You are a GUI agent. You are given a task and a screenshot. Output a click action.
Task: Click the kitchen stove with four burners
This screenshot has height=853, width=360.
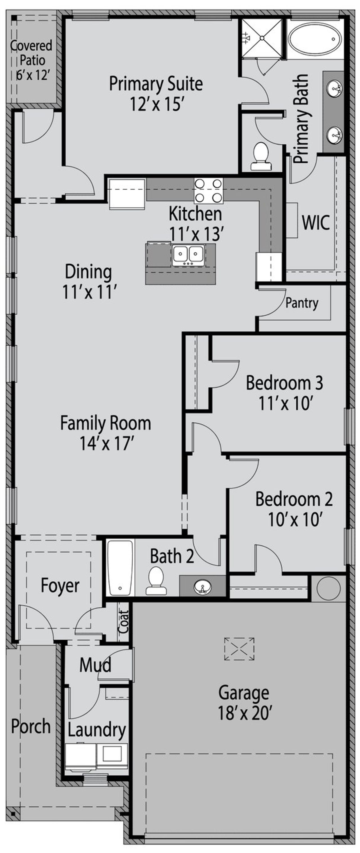pos(208,191)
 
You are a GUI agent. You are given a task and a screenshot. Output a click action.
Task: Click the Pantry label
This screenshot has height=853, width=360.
pos(302,303)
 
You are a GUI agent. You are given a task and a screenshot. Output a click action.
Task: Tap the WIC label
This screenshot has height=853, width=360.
pos(316,222)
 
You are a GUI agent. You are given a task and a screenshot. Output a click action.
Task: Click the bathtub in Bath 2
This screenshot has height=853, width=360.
pos(120,568)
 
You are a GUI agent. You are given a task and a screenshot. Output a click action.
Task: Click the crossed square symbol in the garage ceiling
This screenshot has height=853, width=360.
pos(239,649)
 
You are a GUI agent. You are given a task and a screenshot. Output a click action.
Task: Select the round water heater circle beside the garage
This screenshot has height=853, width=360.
pos(328,588)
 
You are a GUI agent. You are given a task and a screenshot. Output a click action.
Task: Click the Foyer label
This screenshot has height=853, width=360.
pos(60,585)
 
